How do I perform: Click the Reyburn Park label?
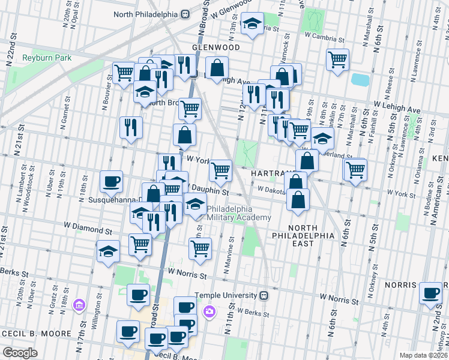tap(47, 58)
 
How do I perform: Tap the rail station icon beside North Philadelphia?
tap(186, 14)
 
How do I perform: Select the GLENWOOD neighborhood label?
tap(215, 47)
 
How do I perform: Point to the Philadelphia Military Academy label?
tap(239, 213)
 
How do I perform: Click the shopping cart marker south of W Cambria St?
tap(338, 59)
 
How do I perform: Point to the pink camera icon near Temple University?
tap(209, 311)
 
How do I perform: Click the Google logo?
tap(20, 352)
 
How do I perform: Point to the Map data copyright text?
tap(423, 355)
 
